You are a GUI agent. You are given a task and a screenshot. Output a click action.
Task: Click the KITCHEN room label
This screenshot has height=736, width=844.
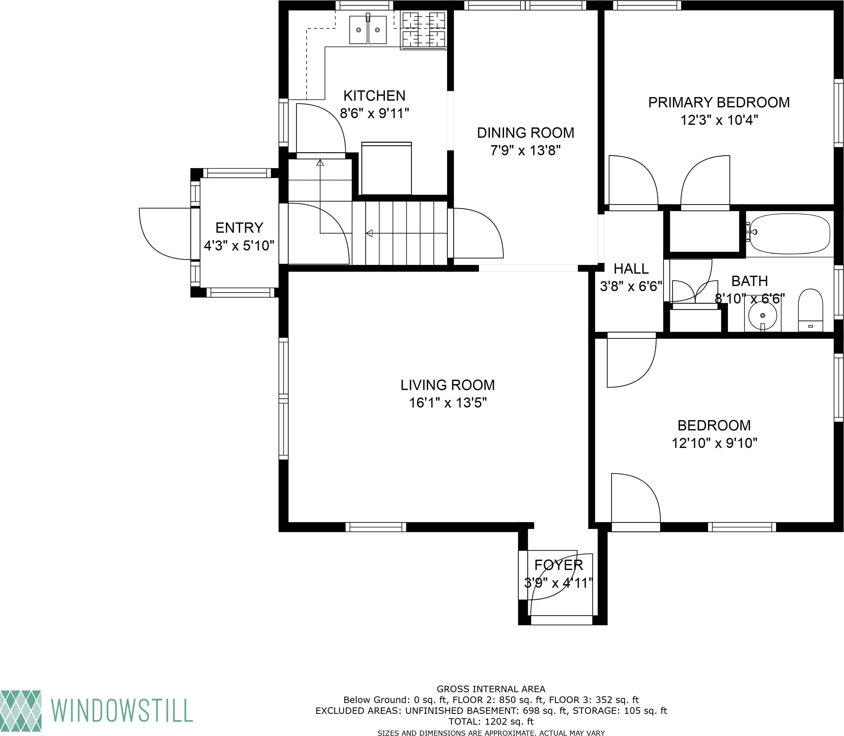tap(374, 96)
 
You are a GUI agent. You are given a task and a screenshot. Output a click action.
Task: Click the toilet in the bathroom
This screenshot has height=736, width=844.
tap(810, 310)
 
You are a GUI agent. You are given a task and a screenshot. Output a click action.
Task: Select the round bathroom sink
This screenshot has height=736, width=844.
tap(762, 315)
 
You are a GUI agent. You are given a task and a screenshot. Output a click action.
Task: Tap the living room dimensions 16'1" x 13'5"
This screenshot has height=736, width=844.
tap(448, 403)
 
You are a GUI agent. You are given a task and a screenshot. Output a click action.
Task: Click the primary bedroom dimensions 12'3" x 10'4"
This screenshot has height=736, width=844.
tap(719, 120)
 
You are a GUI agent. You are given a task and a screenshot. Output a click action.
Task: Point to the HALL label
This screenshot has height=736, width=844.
tap(631, 269)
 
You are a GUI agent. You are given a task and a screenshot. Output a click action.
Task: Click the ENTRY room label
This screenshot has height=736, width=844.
tap(239, 228)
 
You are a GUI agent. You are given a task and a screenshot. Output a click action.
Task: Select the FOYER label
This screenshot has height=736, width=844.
tap(558, 565)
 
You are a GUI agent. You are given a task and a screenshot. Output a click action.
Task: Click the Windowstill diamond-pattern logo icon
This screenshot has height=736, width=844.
tap(21, 711)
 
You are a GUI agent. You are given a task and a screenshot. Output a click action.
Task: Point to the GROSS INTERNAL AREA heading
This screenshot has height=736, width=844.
tap(491, 689)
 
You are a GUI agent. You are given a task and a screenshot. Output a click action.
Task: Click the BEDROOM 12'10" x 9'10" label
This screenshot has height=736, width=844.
tap(714, 434)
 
